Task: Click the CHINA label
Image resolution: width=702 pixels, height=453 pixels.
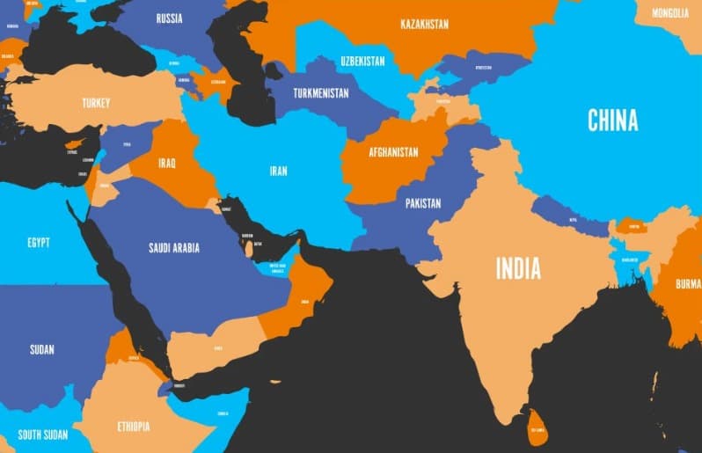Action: (612, 121)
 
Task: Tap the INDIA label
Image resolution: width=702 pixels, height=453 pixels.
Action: (518, 268)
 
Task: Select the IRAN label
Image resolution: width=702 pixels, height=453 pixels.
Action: (278, 171)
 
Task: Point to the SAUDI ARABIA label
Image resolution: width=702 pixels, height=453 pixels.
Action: (173, 247)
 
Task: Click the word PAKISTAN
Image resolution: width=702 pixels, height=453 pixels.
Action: (423, 203)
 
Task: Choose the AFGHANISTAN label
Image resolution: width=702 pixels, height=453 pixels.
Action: (393, 151)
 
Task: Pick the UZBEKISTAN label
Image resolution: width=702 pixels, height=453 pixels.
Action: (362, 61)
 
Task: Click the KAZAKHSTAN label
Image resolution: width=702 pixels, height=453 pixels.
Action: (424, 24)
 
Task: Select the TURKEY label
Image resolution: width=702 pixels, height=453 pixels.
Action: (96, 103)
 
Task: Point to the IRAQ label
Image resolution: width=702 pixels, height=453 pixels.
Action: (167, 163)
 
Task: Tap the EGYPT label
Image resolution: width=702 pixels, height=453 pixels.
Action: (39, 242)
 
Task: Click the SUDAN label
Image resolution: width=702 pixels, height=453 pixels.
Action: (41, 349)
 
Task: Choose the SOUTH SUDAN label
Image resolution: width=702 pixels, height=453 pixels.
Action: (42, 434)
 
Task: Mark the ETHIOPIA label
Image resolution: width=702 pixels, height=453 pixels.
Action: (133, 427)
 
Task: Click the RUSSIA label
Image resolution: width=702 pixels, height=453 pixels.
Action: (169, 18)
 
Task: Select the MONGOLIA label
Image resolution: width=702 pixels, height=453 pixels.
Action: (670, 13)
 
